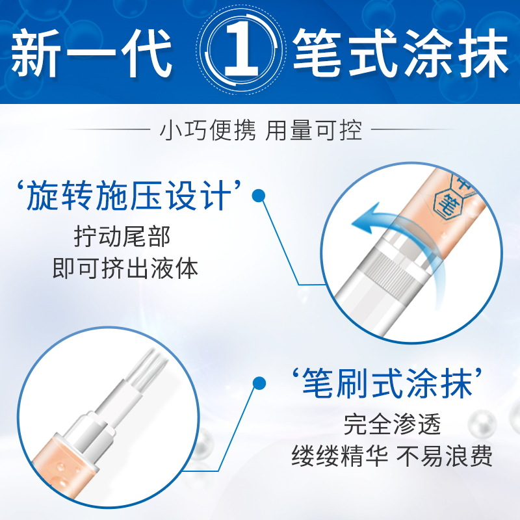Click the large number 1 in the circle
241,49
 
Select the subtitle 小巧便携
208,129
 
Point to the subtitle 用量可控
313,129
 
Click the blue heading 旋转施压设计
129,196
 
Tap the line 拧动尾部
122,237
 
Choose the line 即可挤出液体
125,268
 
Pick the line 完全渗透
393,424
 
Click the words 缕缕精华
340,456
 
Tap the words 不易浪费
445,456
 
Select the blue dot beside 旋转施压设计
258,196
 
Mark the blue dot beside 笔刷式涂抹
259,383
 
